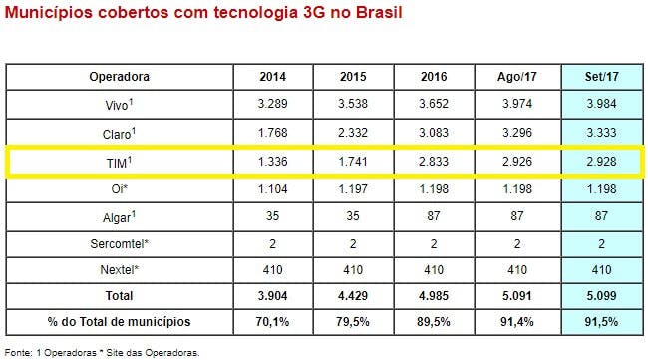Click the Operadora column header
[119, 76]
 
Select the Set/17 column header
[601, 76]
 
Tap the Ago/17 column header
[517, 76]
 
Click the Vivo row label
[119, 103]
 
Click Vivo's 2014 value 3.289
[272, 103]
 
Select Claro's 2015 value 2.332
[354, 131]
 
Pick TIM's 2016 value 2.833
[436, 159]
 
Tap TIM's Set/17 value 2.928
[601, 159]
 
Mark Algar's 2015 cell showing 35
[354, 213]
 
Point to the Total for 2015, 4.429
[354, 295]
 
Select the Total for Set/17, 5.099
[601, 295]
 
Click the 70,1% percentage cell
[272, 321]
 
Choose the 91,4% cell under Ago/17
[517, 321]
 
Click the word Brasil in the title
[373, 17]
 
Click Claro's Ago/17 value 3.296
[517, 131]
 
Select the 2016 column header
[436, 76]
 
